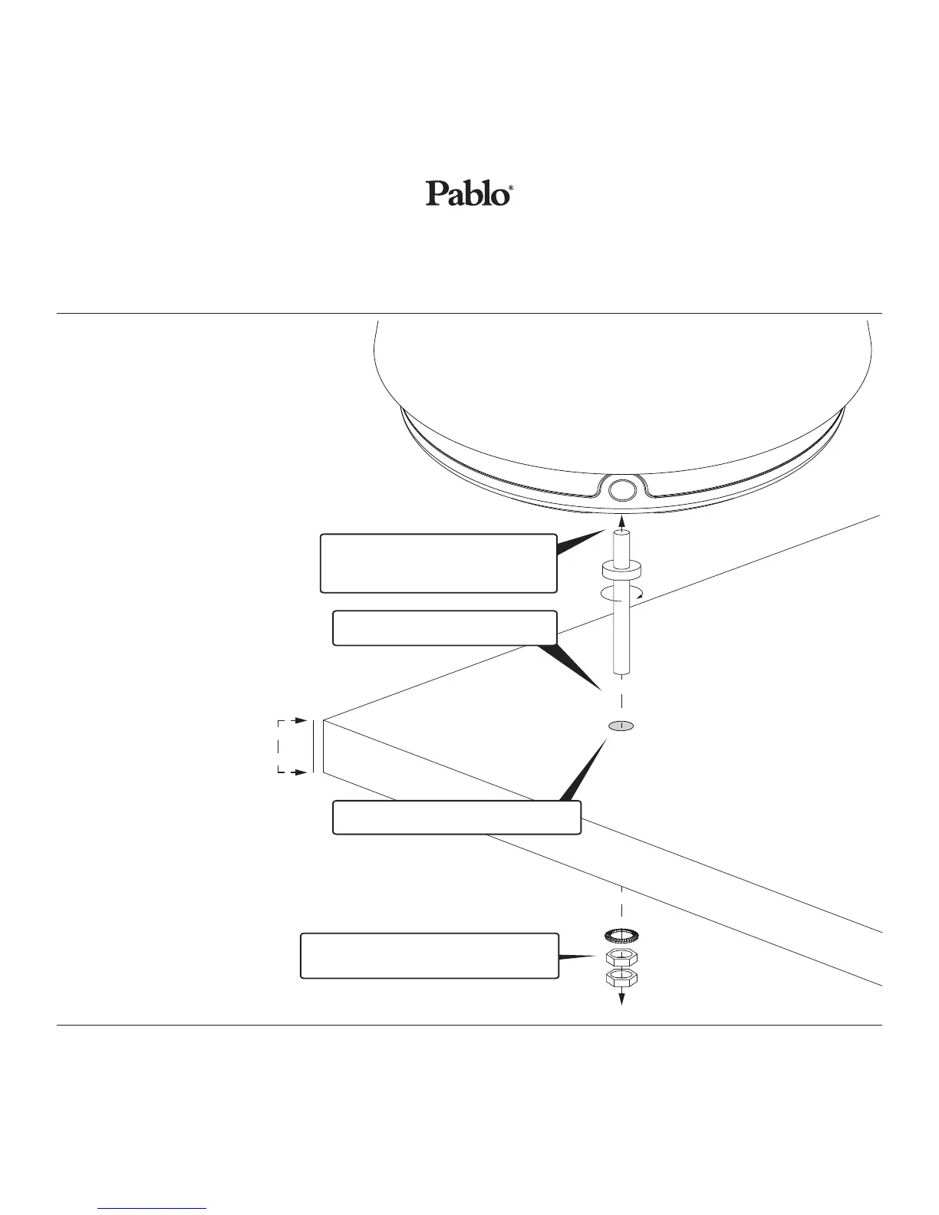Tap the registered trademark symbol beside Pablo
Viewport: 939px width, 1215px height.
pos(510,186)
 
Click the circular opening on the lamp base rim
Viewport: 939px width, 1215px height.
pos(621,489)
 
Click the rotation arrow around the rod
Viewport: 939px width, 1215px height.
pos(621,592)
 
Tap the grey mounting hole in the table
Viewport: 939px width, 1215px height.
pos(621,725)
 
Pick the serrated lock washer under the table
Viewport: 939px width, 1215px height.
pos(621,935)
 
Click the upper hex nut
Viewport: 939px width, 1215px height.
pos(621,957)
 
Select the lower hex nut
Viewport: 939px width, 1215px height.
pos(621,978)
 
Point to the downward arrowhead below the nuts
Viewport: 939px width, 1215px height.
pos(621,999)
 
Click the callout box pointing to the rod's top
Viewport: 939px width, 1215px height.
pos(438,564)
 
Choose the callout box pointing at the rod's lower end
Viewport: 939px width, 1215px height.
pos(444,627)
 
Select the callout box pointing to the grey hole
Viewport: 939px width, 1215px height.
pos(456,817)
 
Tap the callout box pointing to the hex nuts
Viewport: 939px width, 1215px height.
pos(429,956)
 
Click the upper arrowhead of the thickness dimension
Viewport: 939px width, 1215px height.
pos(302,721)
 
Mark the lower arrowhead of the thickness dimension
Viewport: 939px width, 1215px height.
pos(302,772)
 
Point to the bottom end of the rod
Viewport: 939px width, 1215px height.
pos(621,673)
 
